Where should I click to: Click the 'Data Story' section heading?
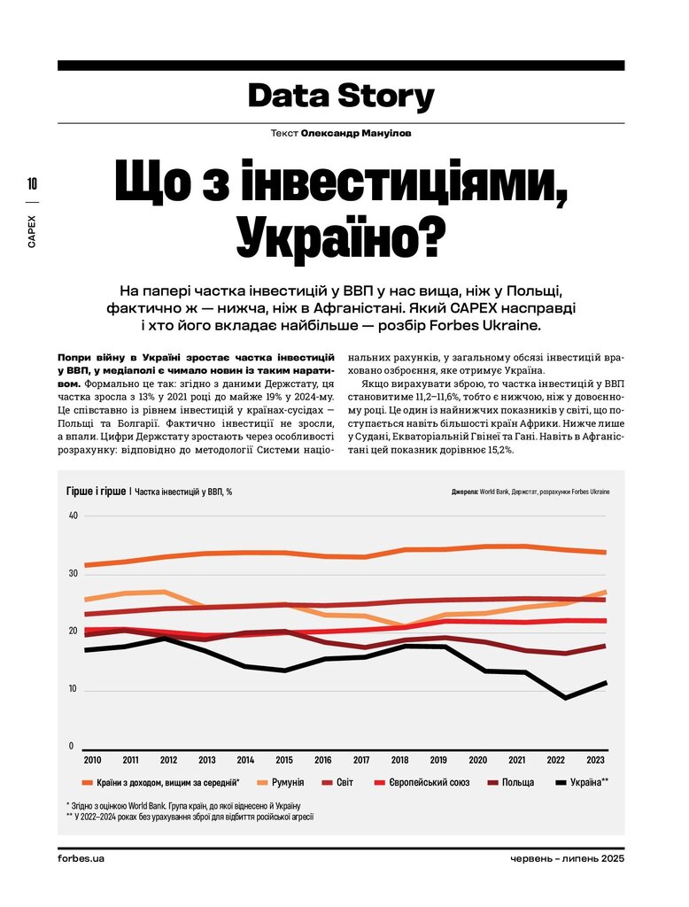pyautogui.click(x=341, y=97)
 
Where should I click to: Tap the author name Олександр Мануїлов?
pyautogui.click(x=356, y=133)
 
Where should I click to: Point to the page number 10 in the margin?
pyautogui.click(x=32, y=184)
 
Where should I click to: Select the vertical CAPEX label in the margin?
pyautogui.click(x=32, y=232)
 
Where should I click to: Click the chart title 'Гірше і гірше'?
pyautogui.click(x=96, y=491)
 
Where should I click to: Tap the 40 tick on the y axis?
pyautogui.click(x=74, y=516)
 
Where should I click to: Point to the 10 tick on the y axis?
pyautogui.click(x=74, y=689)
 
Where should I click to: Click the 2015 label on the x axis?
pyautogui.click(x=284, y=760)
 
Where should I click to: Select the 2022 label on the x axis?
pyautogui.click(x=556, y=760)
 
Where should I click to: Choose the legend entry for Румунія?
pyautogui.click(x=280, y=783)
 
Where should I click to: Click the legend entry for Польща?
pyautogui.click(x=510, y=783)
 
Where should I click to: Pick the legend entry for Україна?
pyautogui.click(x=582, y=783)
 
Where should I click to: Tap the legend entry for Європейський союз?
pyautogui.click(x=422, y=783)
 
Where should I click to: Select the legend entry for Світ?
pyautogui.click(x=337, y=783)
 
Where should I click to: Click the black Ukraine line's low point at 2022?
pyautogui.click(x=565, y=698)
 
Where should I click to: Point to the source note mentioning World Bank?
pyautogui.click(x=530, y=492)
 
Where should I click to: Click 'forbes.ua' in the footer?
pyautogui.click(x=81, y=858)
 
